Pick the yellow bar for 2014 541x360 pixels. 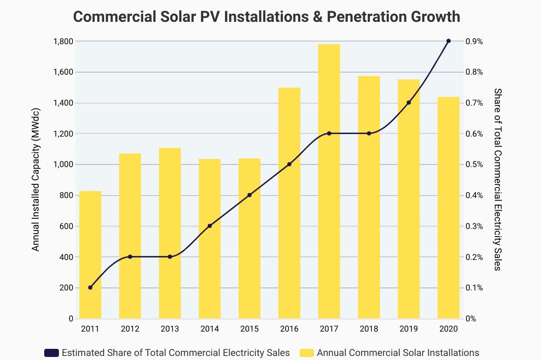click(210, 239)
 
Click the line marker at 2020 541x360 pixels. click(449, 41)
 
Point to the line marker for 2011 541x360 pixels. click(90, 287)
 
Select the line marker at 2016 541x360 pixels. click(290, 164)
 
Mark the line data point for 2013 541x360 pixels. click(170, 257)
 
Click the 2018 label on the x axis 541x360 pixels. click(369, 329)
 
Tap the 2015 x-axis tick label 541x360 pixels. click(249, 329)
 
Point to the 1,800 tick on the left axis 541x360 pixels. click(63, 41)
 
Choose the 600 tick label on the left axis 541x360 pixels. click(67, 226)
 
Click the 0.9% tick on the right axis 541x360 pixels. click(474, 41)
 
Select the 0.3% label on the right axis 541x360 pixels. click(474, 226)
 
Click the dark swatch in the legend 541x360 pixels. click(52, 352)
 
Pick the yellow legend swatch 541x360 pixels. click(307, 352)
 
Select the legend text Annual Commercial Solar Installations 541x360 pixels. click(398, 352)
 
